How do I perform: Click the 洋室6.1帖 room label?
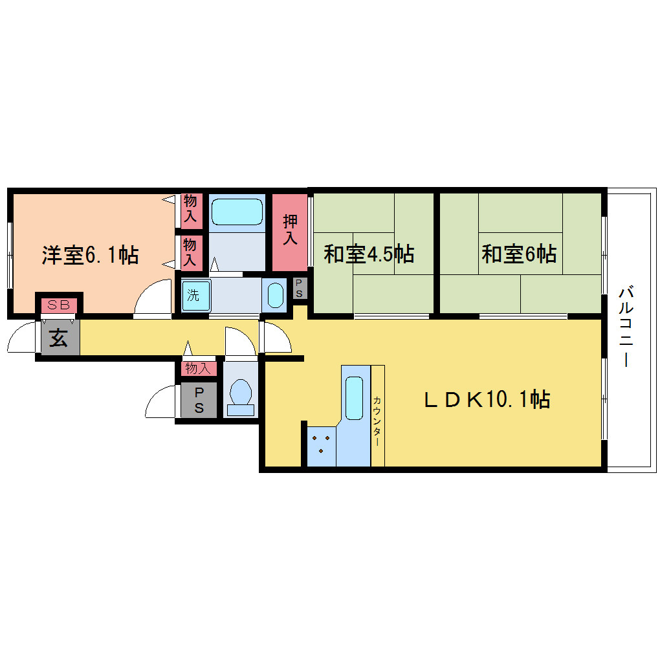90,255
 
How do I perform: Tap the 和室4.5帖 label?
369,254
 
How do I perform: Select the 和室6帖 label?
519,254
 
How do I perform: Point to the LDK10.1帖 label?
487,399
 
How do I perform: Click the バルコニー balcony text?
626,326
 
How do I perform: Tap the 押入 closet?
290,232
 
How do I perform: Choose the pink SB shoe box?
59,305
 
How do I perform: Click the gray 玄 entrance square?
60,338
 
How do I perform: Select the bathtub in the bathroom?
237,212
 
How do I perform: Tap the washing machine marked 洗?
195,296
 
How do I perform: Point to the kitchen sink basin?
354,398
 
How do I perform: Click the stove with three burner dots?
321,446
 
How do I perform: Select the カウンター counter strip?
378,416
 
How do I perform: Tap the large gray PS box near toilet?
199,401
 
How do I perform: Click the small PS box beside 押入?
300,289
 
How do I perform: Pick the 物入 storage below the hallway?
199,369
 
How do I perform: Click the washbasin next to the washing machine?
275,296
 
